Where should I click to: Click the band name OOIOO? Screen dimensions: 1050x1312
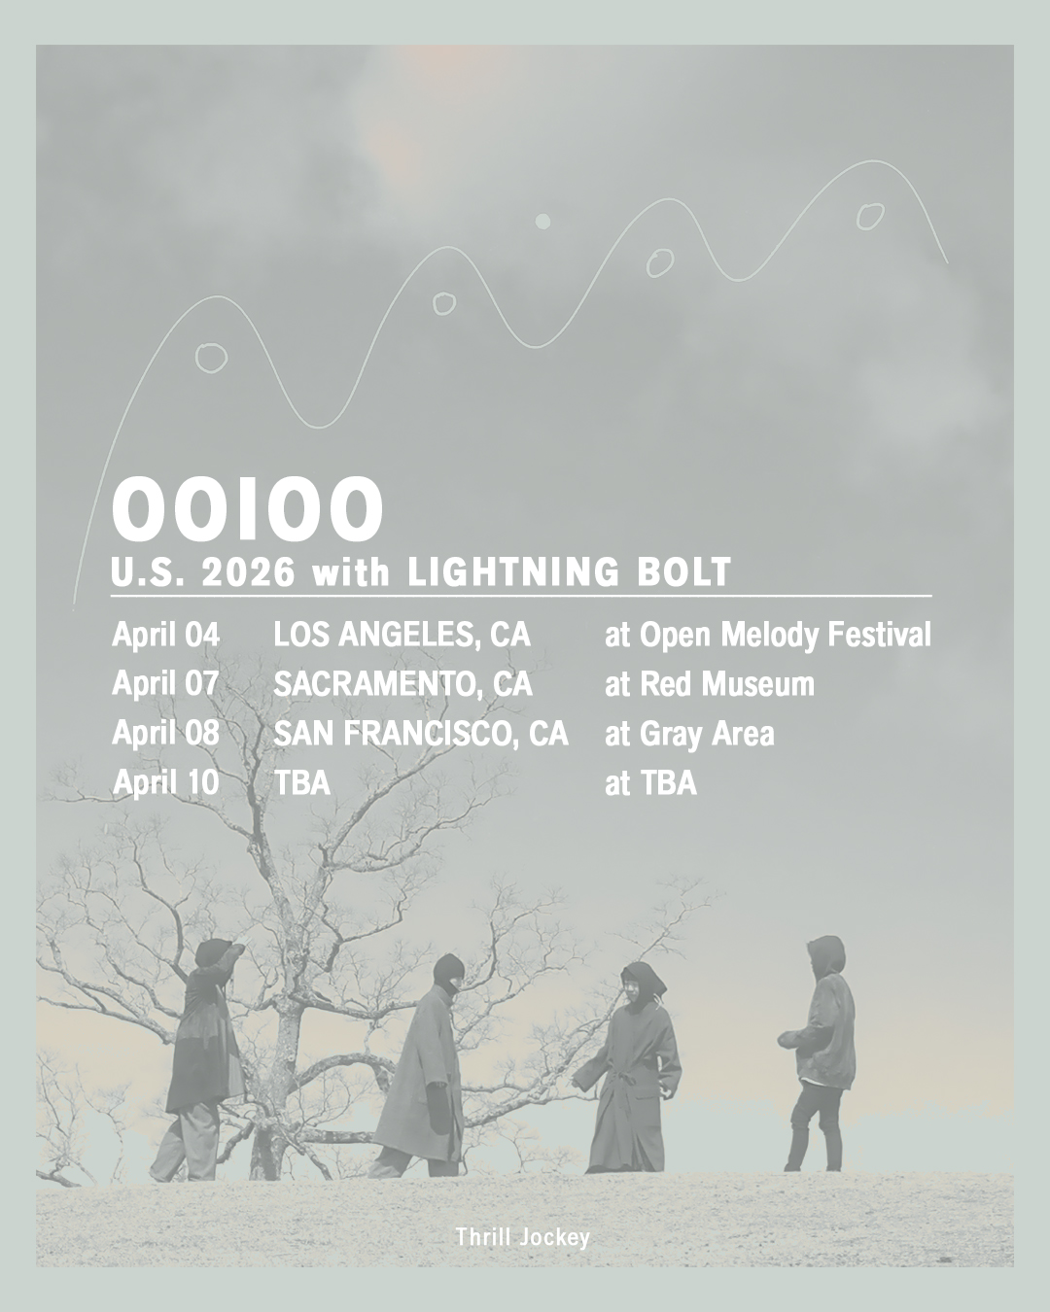click(x=247, y=508)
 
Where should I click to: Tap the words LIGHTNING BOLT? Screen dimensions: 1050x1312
click(x=569, y=571)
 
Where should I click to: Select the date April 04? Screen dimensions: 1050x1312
click(x=165, y=635)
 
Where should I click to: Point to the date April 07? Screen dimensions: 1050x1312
click(x=165, y=683)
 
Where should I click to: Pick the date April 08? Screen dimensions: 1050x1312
click(x=165, y=732)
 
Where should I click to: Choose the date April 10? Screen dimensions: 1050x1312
click(x=165, y=781)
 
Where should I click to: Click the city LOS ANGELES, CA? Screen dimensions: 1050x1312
click(x=402, y=635)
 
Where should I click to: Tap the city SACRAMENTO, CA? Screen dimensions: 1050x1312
click(x=402, y=683)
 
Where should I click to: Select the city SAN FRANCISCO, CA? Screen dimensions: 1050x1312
click(x=421, y=732)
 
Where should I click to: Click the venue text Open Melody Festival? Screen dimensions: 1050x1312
click(x=786, y=636)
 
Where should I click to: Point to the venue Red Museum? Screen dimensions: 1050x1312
click(x=726, y=684)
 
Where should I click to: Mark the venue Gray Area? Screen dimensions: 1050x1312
click(x=707, y=734)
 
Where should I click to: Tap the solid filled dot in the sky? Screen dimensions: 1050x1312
click(x=542, y=221)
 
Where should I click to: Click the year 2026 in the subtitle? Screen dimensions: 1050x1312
click(x=248, y=572)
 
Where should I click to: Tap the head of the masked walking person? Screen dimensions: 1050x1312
click(x=448, y=974)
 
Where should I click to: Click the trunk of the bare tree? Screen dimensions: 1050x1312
click(x=273, y=1091)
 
